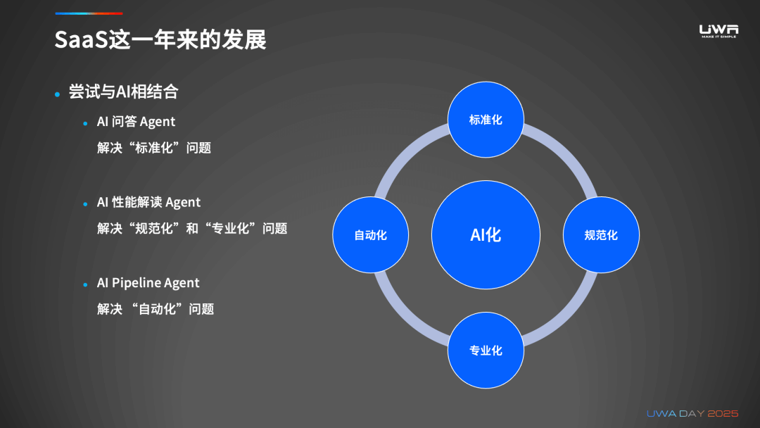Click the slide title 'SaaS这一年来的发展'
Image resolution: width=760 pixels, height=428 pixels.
point(160,39)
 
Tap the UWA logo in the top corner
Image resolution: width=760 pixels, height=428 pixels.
point(718,30)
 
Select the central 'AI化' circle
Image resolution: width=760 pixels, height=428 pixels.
point(486,234)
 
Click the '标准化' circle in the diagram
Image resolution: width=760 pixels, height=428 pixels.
point(486,120)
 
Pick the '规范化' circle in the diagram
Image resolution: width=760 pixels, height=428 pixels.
point(601,235)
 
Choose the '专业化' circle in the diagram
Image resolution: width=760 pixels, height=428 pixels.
point(486,350)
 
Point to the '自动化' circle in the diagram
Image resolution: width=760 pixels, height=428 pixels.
point(370,235)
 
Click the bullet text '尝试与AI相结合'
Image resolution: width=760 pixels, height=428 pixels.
point(123,92)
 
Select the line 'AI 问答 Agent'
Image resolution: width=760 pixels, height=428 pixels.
point(136,122)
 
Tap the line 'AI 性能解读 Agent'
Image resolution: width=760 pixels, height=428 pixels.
point(148,203)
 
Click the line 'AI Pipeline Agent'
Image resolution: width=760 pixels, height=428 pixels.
point(148,283)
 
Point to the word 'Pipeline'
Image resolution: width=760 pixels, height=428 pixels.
point(137,283)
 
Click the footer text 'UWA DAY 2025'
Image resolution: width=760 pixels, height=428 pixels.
point(692,413)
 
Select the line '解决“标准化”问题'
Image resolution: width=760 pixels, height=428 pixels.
point(154,149)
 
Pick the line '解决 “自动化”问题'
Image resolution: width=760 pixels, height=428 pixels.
point(156,309)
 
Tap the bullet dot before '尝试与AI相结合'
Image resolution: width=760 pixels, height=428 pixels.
point(58,94)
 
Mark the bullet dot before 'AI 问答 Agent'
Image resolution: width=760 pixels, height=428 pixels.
point(85,123)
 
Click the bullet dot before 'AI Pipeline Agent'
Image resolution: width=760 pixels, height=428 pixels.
point(85,284)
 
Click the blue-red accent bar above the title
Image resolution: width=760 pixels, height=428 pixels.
point(89,13)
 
